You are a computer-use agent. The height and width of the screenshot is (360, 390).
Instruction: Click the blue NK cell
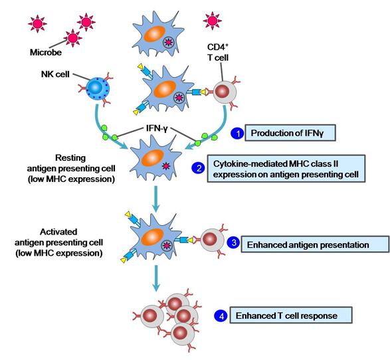98,88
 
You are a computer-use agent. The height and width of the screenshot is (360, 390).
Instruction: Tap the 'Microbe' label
46,52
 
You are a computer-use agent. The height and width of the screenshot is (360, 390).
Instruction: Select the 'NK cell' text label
55,74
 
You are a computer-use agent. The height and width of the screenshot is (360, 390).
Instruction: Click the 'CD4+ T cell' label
218,52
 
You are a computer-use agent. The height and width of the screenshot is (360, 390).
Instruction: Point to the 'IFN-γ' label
157,129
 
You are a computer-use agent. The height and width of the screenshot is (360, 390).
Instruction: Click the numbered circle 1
238,134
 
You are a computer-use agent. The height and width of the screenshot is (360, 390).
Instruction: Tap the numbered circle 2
198,168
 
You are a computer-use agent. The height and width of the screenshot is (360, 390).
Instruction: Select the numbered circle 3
234,242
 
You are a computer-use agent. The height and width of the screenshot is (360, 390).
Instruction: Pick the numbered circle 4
221,315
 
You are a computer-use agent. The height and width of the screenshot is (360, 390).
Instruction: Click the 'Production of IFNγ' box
290,133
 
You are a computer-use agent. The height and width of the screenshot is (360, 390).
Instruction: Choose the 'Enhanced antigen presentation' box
315,244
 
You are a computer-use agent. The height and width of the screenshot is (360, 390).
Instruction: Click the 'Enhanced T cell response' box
291,315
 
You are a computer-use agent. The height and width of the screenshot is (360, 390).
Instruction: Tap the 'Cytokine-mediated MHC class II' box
286,169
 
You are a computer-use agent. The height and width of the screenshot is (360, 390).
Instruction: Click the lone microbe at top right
212,21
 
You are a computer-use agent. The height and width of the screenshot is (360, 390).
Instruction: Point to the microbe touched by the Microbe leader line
73,38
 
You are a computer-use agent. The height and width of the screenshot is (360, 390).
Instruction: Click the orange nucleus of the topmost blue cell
154,34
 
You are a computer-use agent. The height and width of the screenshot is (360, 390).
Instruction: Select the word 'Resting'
70,157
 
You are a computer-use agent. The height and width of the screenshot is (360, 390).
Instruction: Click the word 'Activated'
58,232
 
